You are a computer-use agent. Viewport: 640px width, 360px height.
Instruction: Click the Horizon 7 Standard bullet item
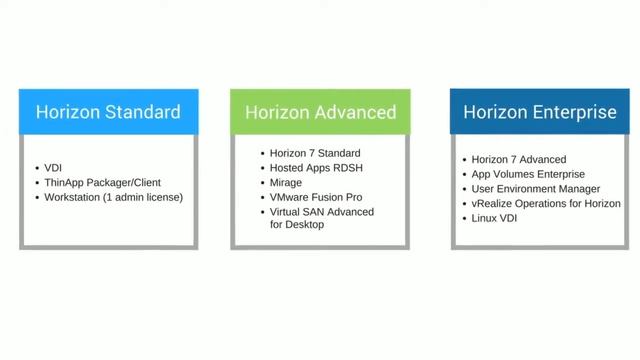(314, 153)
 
